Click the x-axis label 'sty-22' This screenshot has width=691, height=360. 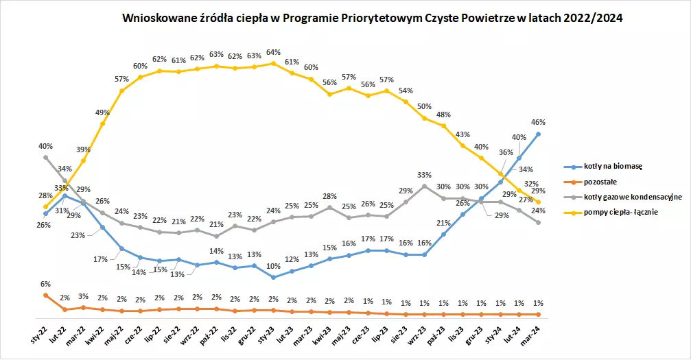point(39,336)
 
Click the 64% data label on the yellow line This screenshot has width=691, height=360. point(273,52)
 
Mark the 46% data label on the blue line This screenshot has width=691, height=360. point(538,122)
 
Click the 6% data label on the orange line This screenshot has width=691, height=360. point(45,284)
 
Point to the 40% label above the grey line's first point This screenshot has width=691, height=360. point(45,146)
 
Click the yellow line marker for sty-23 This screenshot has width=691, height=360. point(273,64)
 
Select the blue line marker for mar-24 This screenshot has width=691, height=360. point(538,134)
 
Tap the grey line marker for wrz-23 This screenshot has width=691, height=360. point(424,187)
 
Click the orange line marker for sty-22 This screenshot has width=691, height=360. point(45,296)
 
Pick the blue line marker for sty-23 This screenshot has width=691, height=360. point(273,277)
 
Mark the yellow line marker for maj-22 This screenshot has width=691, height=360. point(121,91)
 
